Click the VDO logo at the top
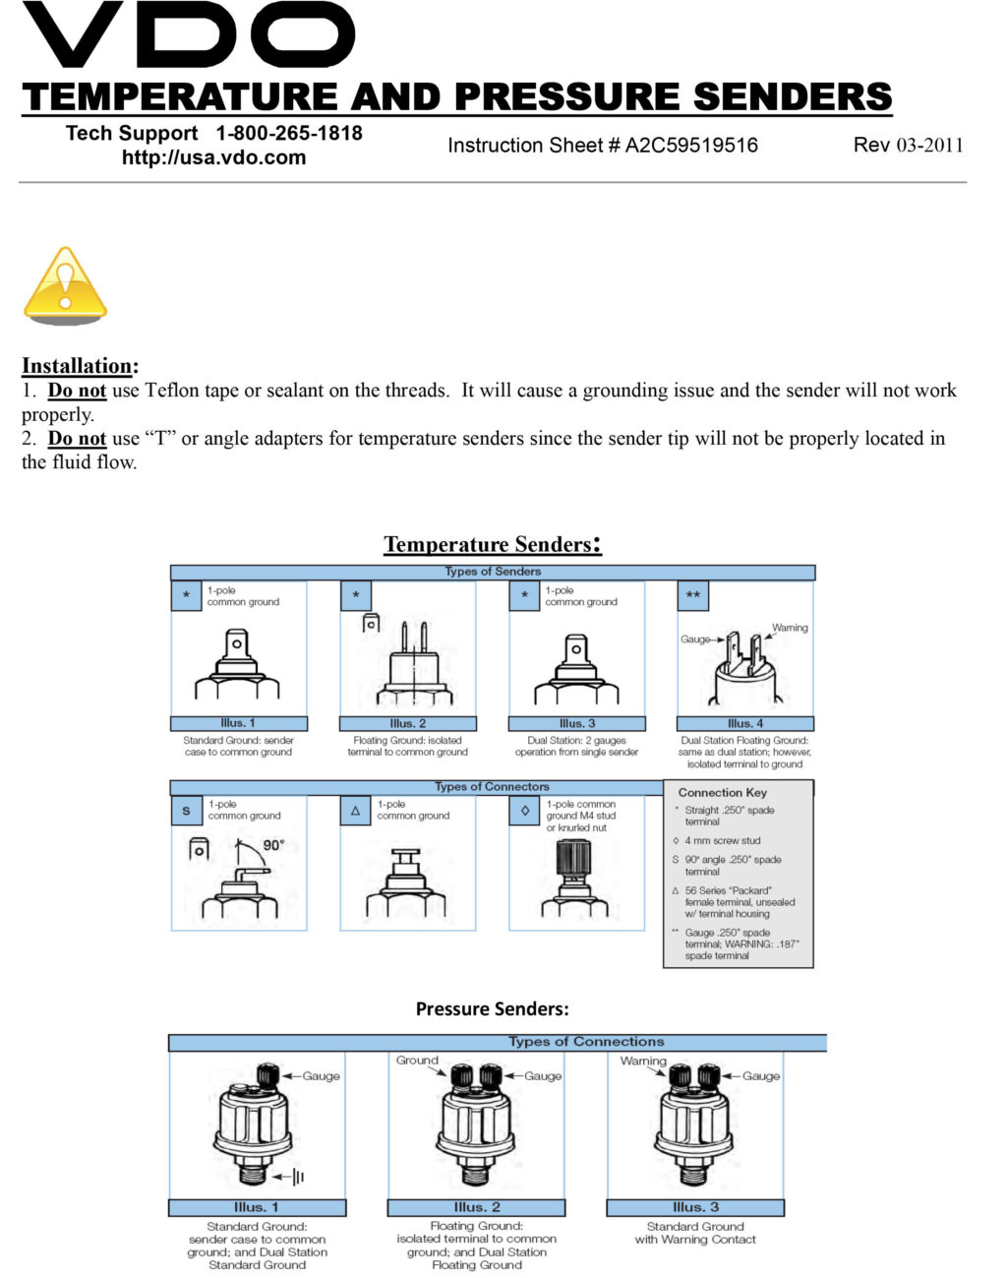pyautogui.click(x=187, y=37)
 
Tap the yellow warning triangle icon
pyautogui.click(x=65, y=285)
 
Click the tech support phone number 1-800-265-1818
pyautogui.click(x=289, y=133)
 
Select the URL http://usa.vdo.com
pyautogui.click(x=213, y=157)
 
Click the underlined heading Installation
pyautogui.click(x=78, y=366)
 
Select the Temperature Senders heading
pyautogui.click(x=492, y=544)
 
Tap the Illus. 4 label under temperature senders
pyautogui.click(x=744, y=723)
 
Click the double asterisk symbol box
pyautogui.click(x=693, y=595)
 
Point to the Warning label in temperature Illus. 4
pyautogui.click(x=790, y=628)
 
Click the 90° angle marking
pyautogui.click(x=272, y=845)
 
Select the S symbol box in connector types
pyautogui.click(x=186, y=811)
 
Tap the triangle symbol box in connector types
pyautogui.click(x=355, y=811)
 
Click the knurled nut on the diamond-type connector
pyautogui.click(x=573, y=859)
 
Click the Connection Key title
pyautogui.click(x=722, y=792)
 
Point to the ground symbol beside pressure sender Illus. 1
pyautogui.click(x=298, y=1177)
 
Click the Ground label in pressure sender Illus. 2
pyautogui.click(x=417, y=1060)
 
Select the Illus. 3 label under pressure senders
pyautogui.click(x=695, y=1207)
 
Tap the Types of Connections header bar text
pyautogui.click(x=586, y=1041)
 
